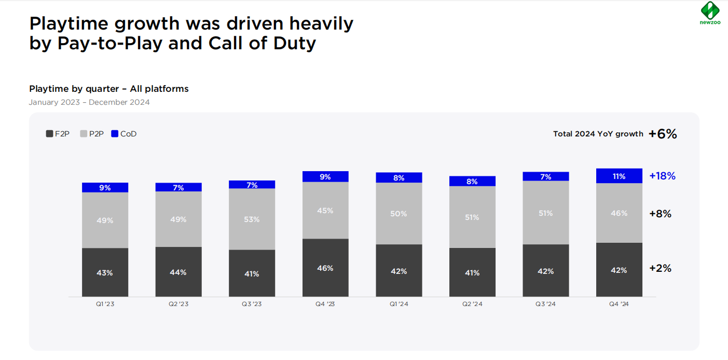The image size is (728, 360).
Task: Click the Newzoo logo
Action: [709, 12]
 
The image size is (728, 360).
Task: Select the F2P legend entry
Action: [58, 134]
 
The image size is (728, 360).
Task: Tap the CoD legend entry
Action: [124, 134]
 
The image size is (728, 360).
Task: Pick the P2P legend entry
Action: [92, 134]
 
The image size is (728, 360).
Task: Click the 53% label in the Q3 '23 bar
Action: [252, 219]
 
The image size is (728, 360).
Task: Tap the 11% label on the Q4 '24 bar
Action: [619, 176]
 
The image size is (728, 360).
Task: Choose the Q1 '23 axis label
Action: [105, 304]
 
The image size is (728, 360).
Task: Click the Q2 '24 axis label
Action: [472, 304]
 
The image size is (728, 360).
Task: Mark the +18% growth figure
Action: [663, 176]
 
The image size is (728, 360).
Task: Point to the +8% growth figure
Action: [660, 214]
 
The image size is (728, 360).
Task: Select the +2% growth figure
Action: [660, 268]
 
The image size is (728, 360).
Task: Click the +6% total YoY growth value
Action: [663, 134]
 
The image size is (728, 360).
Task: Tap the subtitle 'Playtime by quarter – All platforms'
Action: [109, 89]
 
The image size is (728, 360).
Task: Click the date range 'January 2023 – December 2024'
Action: [89, 102]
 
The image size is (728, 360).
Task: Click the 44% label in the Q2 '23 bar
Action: [178, 272]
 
